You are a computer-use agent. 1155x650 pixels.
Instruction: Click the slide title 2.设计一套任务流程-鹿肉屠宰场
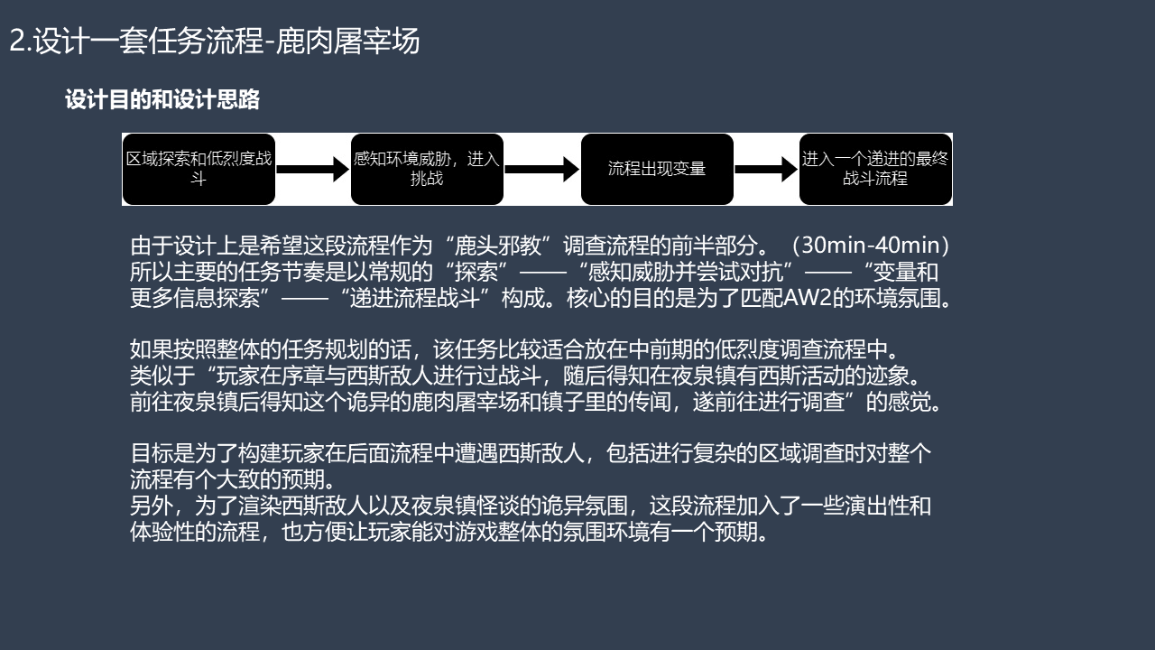215,41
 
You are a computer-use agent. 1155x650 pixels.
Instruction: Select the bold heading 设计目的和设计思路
162,99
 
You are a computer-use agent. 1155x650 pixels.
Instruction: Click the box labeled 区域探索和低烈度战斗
199,169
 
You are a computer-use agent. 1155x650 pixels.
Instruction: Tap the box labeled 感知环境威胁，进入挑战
427,169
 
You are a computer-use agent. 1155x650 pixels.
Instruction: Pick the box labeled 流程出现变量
657,169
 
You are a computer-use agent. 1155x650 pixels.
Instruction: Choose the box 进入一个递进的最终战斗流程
875,169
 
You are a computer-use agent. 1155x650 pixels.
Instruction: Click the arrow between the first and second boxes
313,169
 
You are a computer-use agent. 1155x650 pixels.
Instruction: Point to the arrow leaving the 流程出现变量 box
766,169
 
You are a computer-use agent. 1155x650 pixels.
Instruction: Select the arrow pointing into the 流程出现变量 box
542,169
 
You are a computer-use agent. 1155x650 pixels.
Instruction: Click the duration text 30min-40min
870,246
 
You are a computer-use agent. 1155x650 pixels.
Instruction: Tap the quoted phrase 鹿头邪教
497,246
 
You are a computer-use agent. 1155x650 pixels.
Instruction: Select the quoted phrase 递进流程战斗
415,298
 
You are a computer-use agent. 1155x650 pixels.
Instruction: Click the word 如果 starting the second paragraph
151,349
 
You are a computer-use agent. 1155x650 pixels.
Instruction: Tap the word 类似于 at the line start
162,376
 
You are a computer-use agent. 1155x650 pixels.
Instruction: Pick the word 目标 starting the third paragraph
151,453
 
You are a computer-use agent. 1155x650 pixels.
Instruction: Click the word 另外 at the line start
151,506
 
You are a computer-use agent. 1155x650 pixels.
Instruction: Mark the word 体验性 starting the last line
162,533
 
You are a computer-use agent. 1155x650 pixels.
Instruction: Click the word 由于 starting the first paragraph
151,246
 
